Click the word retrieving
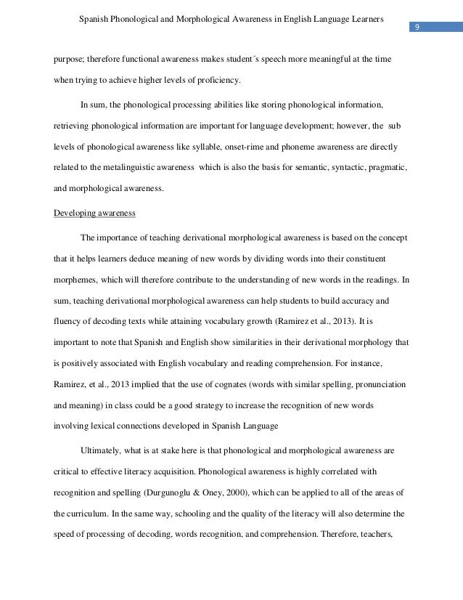pos(72,126)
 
